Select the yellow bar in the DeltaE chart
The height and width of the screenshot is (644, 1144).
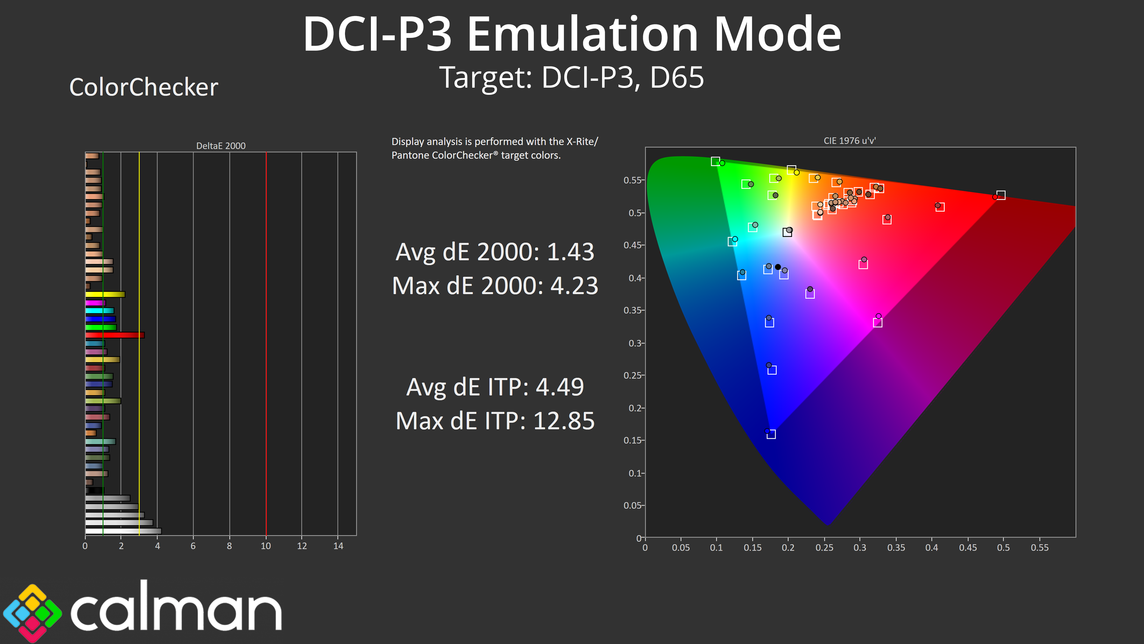(x=105, y=294)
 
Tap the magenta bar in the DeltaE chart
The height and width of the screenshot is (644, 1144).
(x=95, y=303)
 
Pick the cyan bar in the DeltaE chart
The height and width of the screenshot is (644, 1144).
(x=100, y=311)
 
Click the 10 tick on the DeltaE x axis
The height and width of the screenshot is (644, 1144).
(x=265, y=546)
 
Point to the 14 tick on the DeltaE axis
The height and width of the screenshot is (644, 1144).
(x=338, y=546)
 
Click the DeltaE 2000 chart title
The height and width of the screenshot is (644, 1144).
(x=221, y=146)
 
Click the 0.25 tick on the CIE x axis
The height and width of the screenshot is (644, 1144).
(x=824, y=548)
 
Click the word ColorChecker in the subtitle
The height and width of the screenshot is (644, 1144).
(x=143, y=87)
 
